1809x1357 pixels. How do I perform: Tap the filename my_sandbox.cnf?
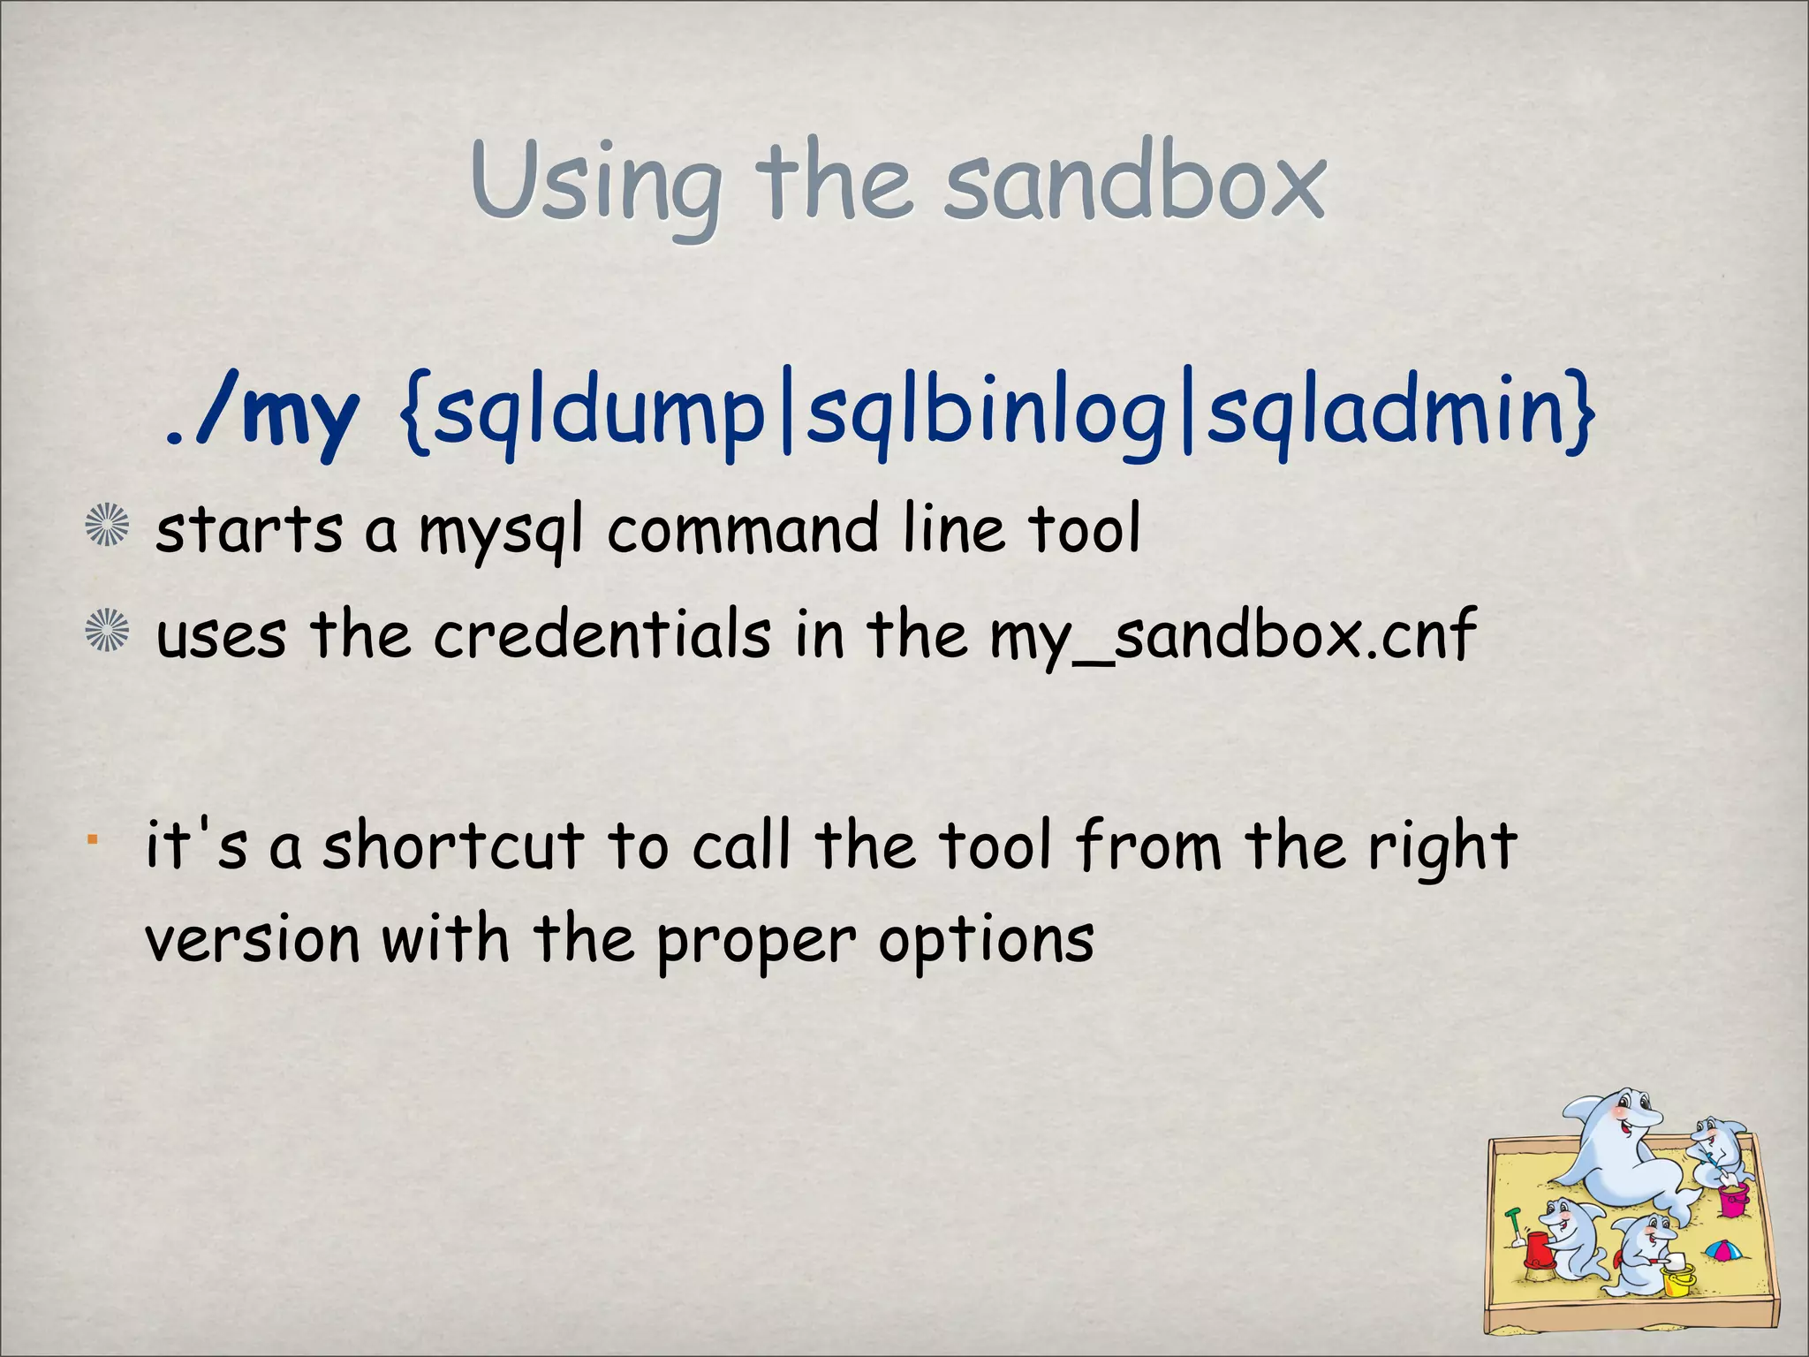(1232, 636)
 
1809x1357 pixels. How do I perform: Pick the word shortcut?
(453, 845)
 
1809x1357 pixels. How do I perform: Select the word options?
(986, 941)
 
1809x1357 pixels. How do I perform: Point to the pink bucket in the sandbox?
(1733, 1199)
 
